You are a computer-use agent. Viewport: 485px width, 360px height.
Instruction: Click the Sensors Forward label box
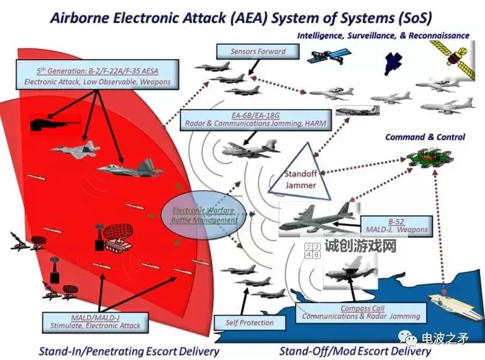pos(258,52)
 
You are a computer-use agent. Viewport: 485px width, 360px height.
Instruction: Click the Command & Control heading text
pos(425,137)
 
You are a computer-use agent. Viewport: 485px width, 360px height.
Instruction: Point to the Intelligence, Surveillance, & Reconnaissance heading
pos(383,35)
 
